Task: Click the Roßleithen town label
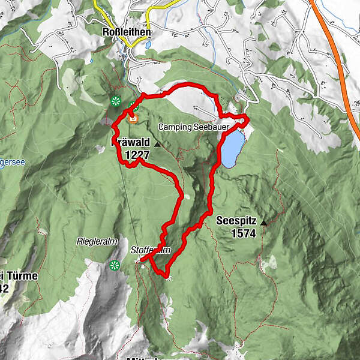pyautogui.click(x=126, y=32)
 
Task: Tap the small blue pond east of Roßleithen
pyautogui.click(x=147, y=45)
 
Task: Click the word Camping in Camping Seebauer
pyautogui.click(x=175, y=127)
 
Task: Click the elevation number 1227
pyautogui.click(x=137, y=155)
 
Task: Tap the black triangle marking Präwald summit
pyautogui.click(x=157, y=145)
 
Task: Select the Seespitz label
pyautogui.click(x=236, y=221)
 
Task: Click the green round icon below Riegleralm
pyautogui.click(x=115, y=265)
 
